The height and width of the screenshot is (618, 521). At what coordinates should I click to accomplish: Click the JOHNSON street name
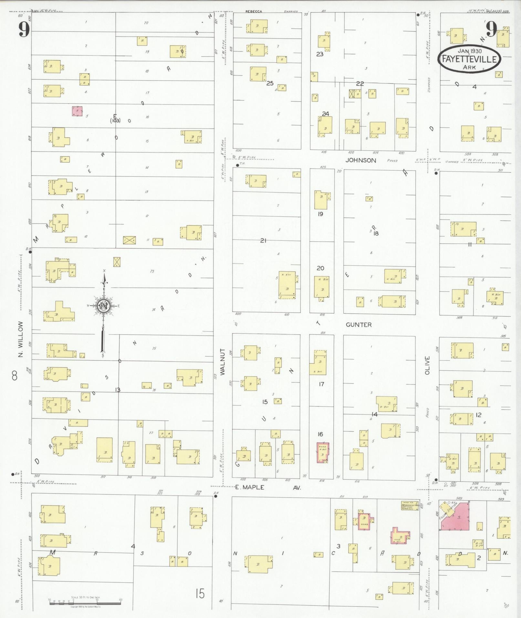tap(361, 160)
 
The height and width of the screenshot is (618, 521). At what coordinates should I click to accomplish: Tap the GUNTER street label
tap(359, 325)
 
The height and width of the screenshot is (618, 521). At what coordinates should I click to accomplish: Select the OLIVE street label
tap(428, 365)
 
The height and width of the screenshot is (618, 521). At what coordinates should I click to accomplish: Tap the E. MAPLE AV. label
tap(268, 487)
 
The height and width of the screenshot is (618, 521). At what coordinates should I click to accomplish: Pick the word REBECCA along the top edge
tap(254, 11)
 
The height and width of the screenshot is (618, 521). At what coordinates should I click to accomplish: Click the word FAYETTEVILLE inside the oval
tap(469, 60)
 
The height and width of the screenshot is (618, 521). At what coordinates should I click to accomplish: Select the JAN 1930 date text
tap(470, 51)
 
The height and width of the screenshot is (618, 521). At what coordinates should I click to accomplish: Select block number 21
tap(263, 241)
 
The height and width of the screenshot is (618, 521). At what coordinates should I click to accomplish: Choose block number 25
tap(270, 83)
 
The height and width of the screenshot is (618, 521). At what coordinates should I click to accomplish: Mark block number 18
tap(376, 233)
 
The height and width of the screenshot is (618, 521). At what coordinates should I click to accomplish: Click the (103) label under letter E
tap(115, 121)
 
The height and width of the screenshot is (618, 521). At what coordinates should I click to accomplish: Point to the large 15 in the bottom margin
tap(200, 594)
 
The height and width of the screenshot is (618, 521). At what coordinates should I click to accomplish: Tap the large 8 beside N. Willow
tap(15, 376)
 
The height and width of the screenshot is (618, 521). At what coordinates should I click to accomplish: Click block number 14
tap(374, 414)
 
